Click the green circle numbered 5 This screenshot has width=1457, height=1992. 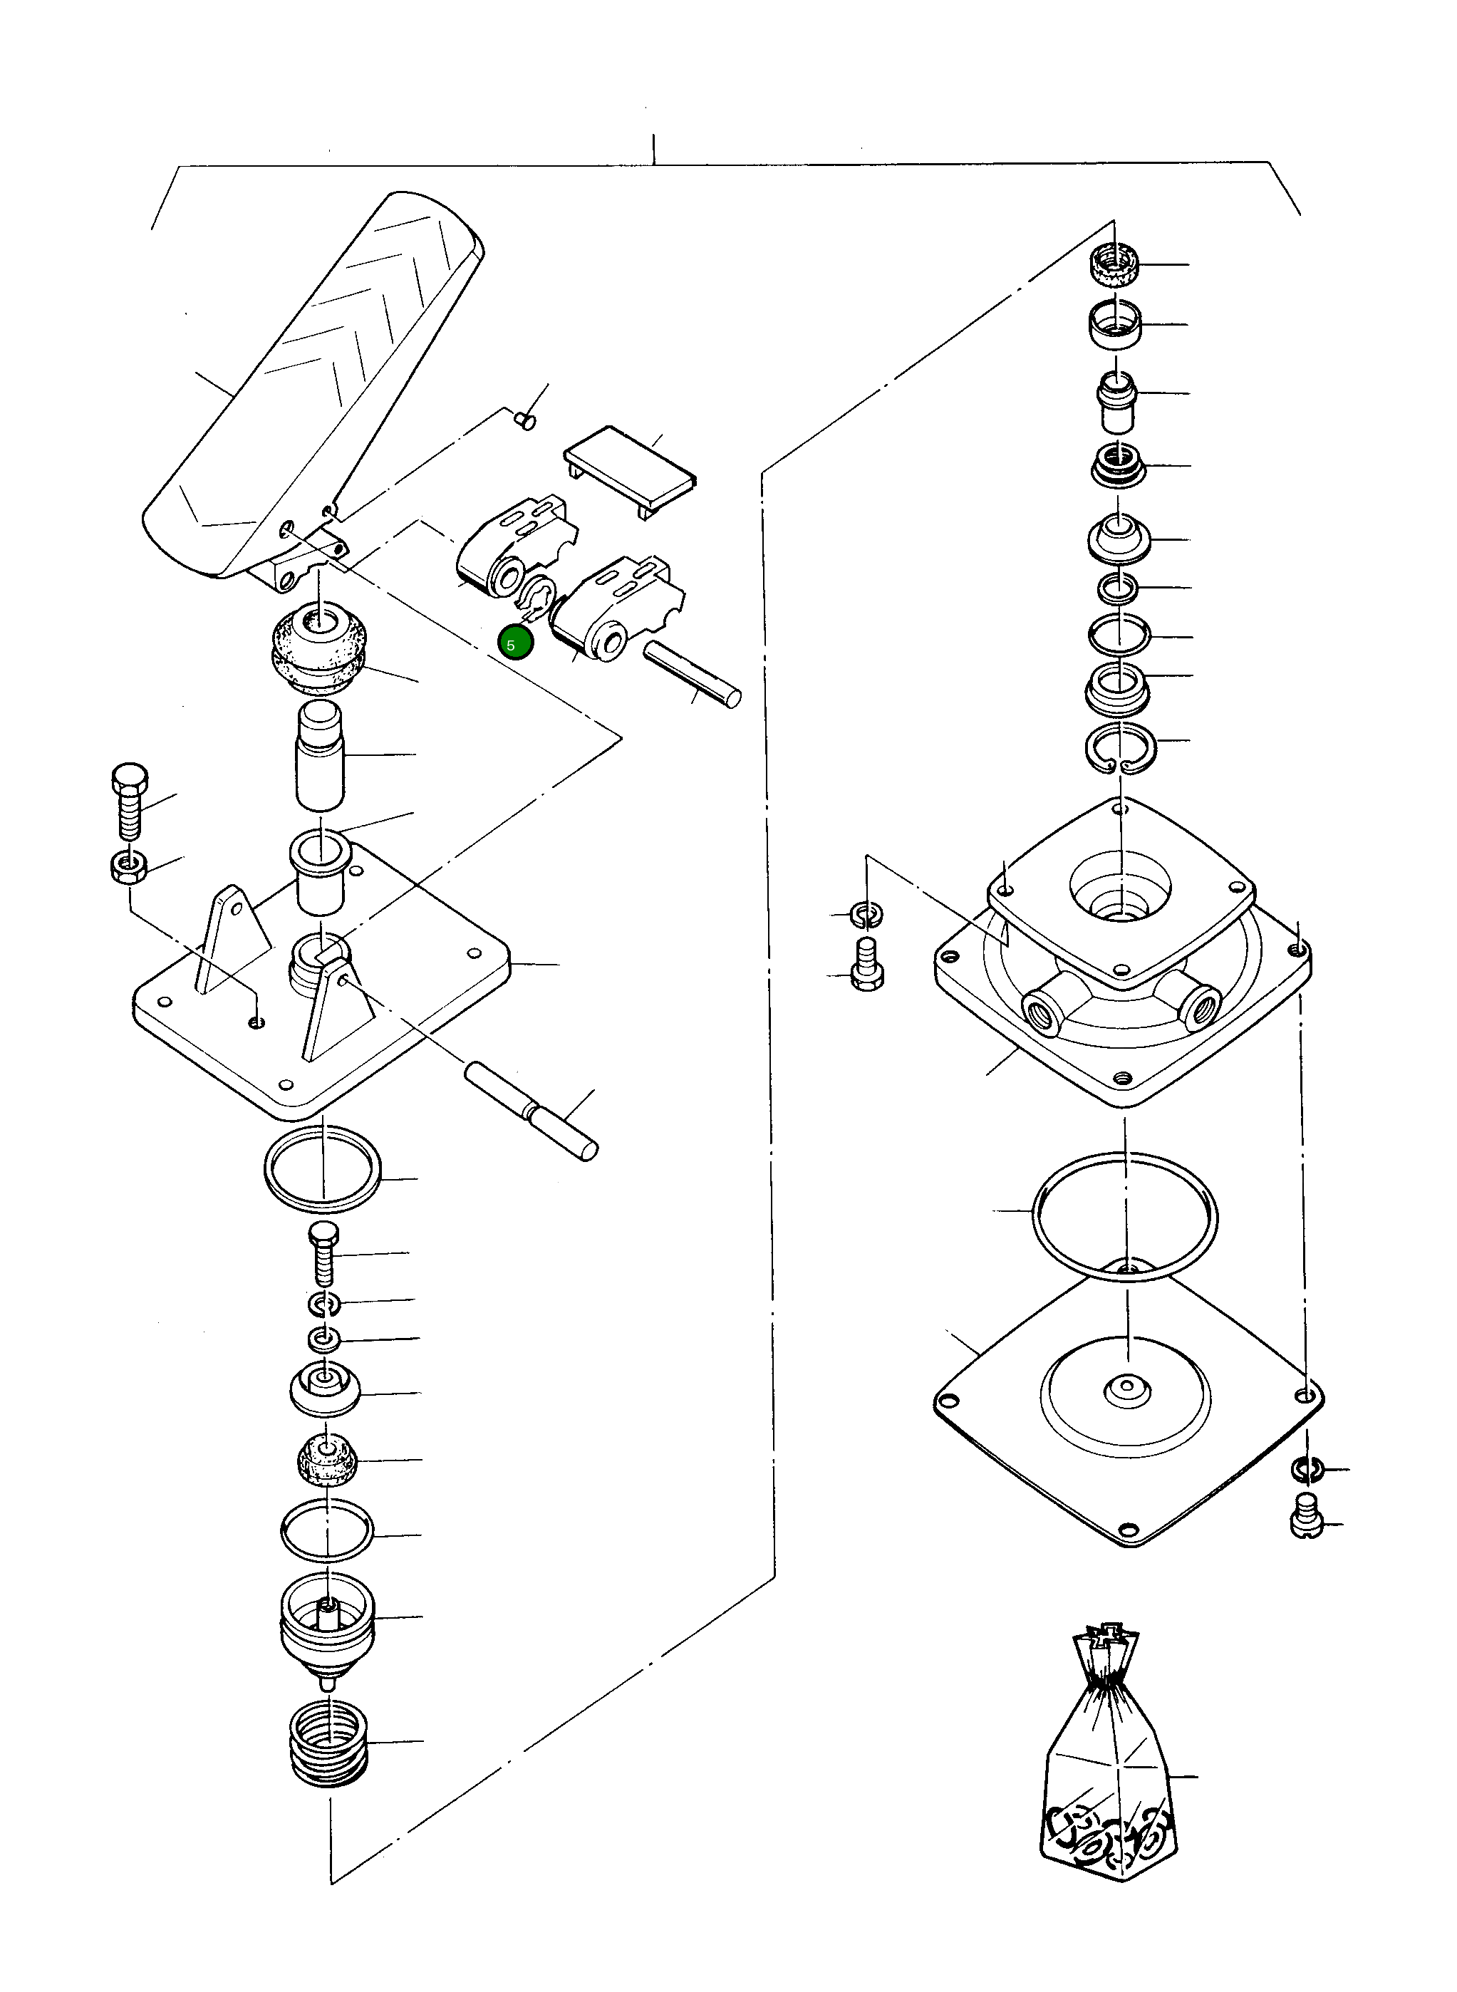point(515,644)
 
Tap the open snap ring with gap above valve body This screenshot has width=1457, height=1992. point(1121,748)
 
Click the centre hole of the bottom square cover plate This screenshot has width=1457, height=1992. point(1126,1391)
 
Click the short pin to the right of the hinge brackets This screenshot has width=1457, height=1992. point(693,674)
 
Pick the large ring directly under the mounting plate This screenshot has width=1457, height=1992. point(323,1169)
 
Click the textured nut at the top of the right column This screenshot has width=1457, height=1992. point(1115,264)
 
